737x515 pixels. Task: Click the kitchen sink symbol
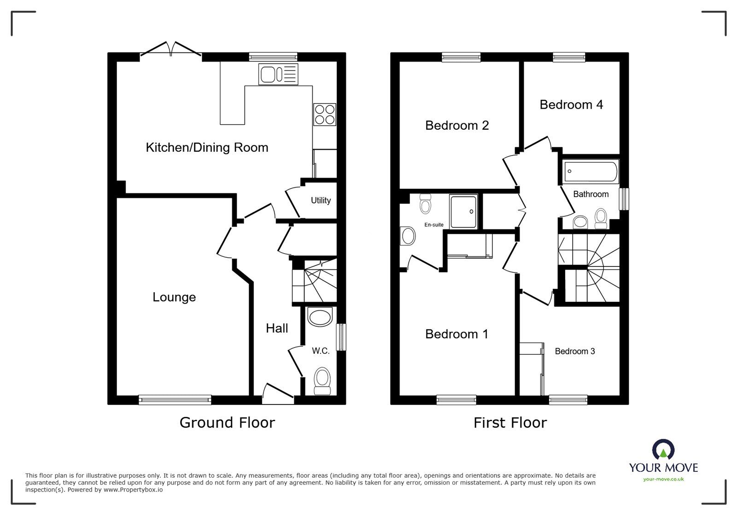point(278,74)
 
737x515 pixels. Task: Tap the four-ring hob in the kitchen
point(325,115)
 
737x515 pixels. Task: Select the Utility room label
point(321,201)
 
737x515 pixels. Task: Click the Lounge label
point(174,297)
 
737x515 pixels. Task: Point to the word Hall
point(277,328)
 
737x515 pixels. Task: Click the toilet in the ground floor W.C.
point(322,381)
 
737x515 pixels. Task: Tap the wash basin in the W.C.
point(320,317)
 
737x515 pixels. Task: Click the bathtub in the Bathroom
point(591,172)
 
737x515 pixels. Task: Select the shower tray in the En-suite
point(463,211)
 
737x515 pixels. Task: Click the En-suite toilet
point(426,204)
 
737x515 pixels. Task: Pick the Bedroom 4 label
point(571,104)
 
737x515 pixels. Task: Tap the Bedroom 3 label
point(575,351)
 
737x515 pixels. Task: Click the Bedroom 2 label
point(456,125)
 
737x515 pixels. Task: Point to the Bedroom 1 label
point(456,334)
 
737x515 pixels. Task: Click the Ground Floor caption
point(227,422)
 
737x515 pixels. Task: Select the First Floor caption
point(510,422)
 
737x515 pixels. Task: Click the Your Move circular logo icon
point(663,449)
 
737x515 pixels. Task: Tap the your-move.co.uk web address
point(663,479)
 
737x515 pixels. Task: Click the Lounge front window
point(175,399)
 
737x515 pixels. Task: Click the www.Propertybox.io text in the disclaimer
point(133,490)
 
